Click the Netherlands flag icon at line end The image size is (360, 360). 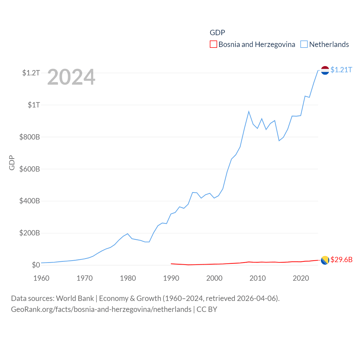(x=325, y=70)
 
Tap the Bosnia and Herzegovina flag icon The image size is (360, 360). (x=325, y=260)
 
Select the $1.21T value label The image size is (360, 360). (x=341, y=70)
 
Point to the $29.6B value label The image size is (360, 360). (x=341, y=260)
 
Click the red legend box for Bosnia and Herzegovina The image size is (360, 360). (x=213, y=44)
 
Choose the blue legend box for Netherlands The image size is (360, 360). (x=304, y=44)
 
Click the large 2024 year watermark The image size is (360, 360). (x=71, y=77)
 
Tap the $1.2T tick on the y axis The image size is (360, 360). (x=31, y=73)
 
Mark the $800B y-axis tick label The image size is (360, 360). (x=30, y=137)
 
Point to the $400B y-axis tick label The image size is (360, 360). (x=30, y=201)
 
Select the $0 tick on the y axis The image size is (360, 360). (x=36, y=265)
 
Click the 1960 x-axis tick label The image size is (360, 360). (x=41, y=278)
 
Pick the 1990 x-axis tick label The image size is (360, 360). (x=171, y=278)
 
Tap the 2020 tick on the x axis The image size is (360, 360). (x=301, y=278)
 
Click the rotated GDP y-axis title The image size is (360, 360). (x=12, y=163)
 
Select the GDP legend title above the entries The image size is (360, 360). (x=217, y=33)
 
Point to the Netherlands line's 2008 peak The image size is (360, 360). (x=249, y=112)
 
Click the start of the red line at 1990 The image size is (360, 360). (x=171, y=264)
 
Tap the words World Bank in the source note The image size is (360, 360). (x=75, y=298)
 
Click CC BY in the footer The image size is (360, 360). (x=207, y=309)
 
